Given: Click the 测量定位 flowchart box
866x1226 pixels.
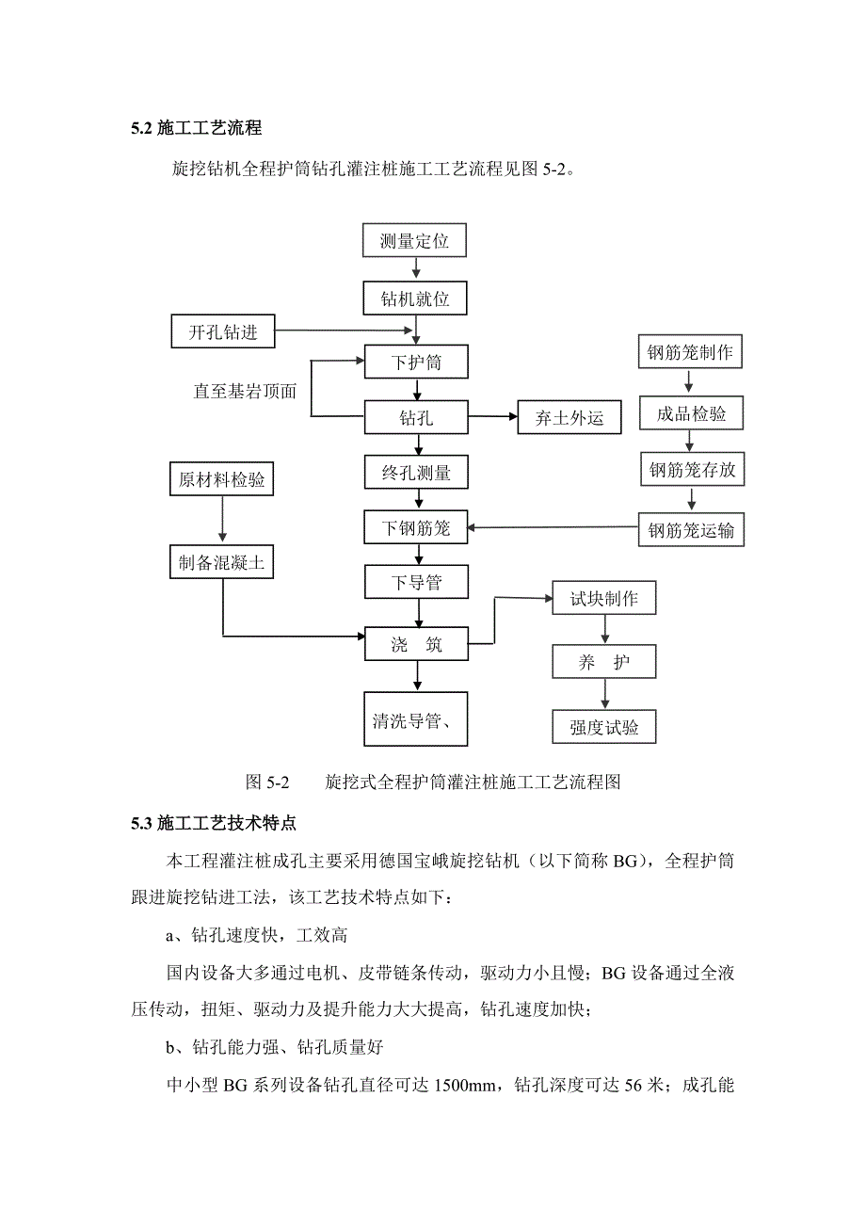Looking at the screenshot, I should coord(414,241).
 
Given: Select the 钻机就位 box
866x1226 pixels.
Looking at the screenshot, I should coord(414,299).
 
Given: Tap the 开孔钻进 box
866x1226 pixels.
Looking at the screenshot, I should coord(223,331).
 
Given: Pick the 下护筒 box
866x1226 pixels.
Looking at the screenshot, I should coord(415,362).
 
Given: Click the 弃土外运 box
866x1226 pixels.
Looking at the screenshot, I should coord(569,418).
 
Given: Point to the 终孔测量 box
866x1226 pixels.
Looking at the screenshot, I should coord(415,472).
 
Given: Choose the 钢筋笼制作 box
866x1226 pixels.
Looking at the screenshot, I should coord(691,353).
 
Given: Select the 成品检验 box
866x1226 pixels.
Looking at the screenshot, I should coord(691,412).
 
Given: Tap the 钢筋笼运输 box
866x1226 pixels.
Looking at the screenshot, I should coord(691,530).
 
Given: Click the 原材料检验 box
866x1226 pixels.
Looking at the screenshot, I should coord(222,480).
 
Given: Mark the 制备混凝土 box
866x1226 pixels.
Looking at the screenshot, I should coord(222,563).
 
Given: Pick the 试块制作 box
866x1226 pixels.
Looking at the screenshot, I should coord(603,599).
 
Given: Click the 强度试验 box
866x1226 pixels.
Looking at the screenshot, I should coord(603,726).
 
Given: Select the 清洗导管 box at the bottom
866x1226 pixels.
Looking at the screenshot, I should coord(415,721).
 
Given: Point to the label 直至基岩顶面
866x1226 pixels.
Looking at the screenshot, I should coord(245,392).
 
